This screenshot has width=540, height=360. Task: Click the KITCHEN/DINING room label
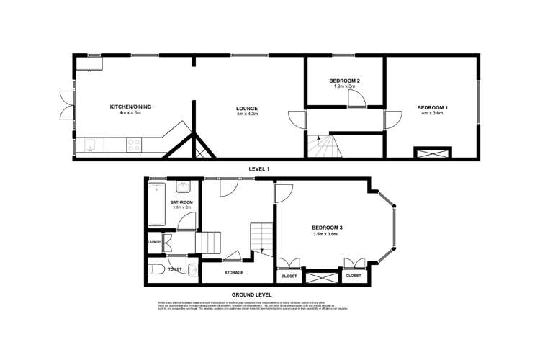click(130, 107)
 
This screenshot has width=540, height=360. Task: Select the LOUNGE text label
click(247, 107)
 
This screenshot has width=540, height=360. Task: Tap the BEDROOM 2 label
click(344, 80)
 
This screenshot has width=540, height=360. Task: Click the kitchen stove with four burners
click(134, 145)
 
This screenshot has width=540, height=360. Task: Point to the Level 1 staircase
click(323, 146)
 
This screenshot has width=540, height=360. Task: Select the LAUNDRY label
click(155, 243)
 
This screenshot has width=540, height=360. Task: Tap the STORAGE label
click(233, 272)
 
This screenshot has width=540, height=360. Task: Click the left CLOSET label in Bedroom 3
click(288, 276)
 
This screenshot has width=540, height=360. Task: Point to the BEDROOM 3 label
click(327, 228)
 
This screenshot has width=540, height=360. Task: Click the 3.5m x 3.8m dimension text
click(327, 235)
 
